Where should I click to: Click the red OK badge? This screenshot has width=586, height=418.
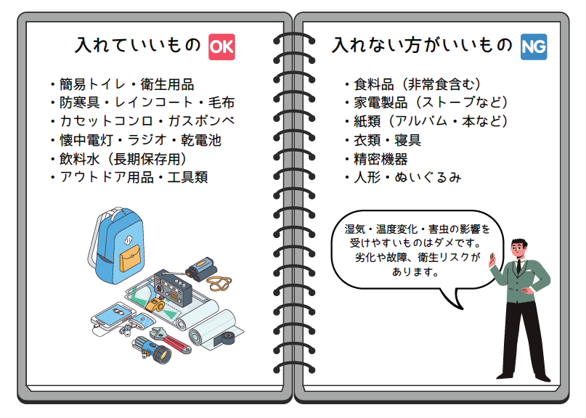(221, 46)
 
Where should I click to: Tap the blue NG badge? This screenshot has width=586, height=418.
(534, 46)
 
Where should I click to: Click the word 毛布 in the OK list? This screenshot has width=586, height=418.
(221, 102)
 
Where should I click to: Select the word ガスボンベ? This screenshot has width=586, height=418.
(201, 121)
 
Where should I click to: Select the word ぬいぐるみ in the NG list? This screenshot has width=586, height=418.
(428, 177)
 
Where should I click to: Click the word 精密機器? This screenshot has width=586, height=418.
(381, 159)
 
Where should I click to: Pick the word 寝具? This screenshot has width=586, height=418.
(408, 140)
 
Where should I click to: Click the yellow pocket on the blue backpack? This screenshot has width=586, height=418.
(131, 258)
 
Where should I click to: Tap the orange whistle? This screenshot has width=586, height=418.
(155, 306)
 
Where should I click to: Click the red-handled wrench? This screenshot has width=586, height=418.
(171, 340)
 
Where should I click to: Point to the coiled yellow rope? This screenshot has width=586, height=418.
(219, 283)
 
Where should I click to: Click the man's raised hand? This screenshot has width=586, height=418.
(492, 261)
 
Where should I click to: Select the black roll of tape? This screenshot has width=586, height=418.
(227, 337)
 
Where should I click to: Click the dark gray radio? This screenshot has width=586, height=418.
(173, 287)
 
